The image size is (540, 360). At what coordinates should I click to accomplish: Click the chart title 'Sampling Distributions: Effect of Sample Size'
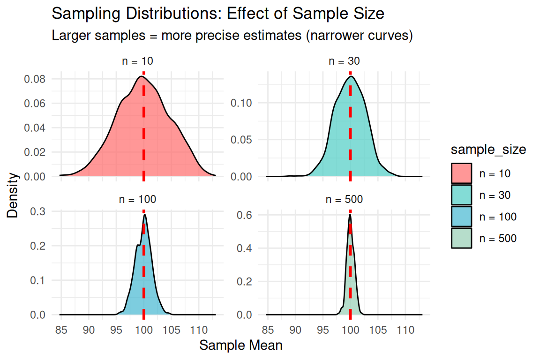(218, 14)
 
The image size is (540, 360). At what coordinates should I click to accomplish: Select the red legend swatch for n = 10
(462, 173)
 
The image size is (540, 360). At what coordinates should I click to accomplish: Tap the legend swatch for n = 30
(462, 195)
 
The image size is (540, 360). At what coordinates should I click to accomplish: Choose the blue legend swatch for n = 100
(462, 217)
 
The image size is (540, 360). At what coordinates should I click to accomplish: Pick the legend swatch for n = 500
(462, 238)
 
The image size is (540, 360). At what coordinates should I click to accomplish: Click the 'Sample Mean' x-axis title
(241, 346)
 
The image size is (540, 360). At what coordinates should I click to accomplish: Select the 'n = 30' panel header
(344, 61)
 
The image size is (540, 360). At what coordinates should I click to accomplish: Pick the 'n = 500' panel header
(344, 199)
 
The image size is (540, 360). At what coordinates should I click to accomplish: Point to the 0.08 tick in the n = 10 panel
(35, 79)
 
